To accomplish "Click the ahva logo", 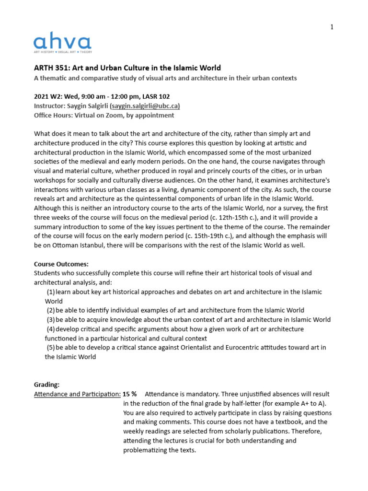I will [62, 43].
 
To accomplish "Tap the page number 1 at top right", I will [332, 27].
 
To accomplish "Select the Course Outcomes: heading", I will [61, 264].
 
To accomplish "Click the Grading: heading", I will [46, 385].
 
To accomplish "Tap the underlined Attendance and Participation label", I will [77, 394].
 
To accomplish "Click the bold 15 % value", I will [129, 394].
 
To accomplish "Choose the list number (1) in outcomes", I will [50, 292].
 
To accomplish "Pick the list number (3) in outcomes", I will [50, 320].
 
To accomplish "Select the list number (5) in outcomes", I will [50, 348].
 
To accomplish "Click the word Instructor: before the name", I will [48, 105].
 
